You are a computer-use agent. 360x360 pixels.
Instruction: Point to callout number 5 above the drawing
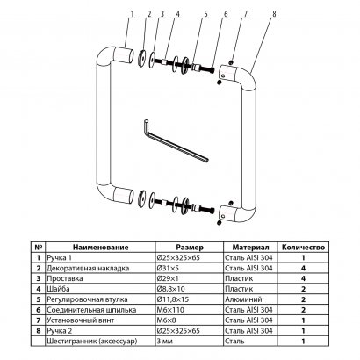[205, 14]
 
